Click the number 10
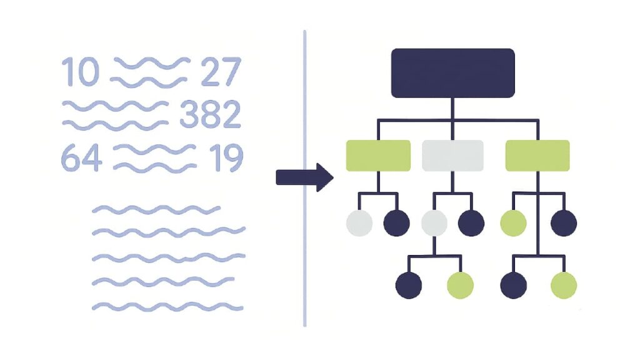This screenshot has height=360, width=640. tap(81, 72)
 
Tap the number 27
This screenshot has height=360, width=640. tap(221, 72)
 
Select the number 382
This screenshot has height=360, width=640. tap(210, 114)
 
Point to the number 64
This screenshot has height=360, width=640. tap(81, 158)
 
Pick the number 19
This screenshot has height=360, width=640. tap(226, 158)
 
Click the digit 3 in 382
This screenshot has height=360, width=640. tap(189, 114)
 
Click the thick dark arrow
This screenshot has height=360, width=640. tap(304, 177)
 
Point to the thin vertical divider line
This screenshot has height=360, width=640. tap(305, 178)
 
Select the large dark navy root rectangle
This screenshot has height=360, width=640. tap(452, 73)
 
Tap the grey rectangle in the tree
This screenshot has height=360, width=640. tap(452, 156)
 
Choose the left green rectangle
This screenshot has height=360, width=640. tap(378, 156)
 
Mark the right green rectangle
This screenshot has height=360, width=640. tap(537, 156)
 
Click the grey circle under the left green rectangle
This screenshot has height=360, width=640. tap(359, 223)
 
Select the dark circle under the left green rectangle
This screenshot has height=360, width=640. tap(396, 223)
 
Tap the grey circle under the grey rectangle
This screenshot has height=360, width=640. tap(434, 223)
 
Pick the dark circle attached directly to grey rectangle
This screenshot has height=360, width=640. tap(471, 223)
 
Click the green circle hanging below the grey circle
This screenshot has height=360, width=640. tap(461, 285)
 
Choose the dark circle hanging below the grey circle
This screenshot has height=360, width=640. tap(409, 285)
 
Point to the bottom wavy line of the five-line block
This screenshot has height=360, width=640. tap(167, 306)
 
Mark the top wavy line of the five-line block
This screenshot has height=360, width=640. tap(156, 210)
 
